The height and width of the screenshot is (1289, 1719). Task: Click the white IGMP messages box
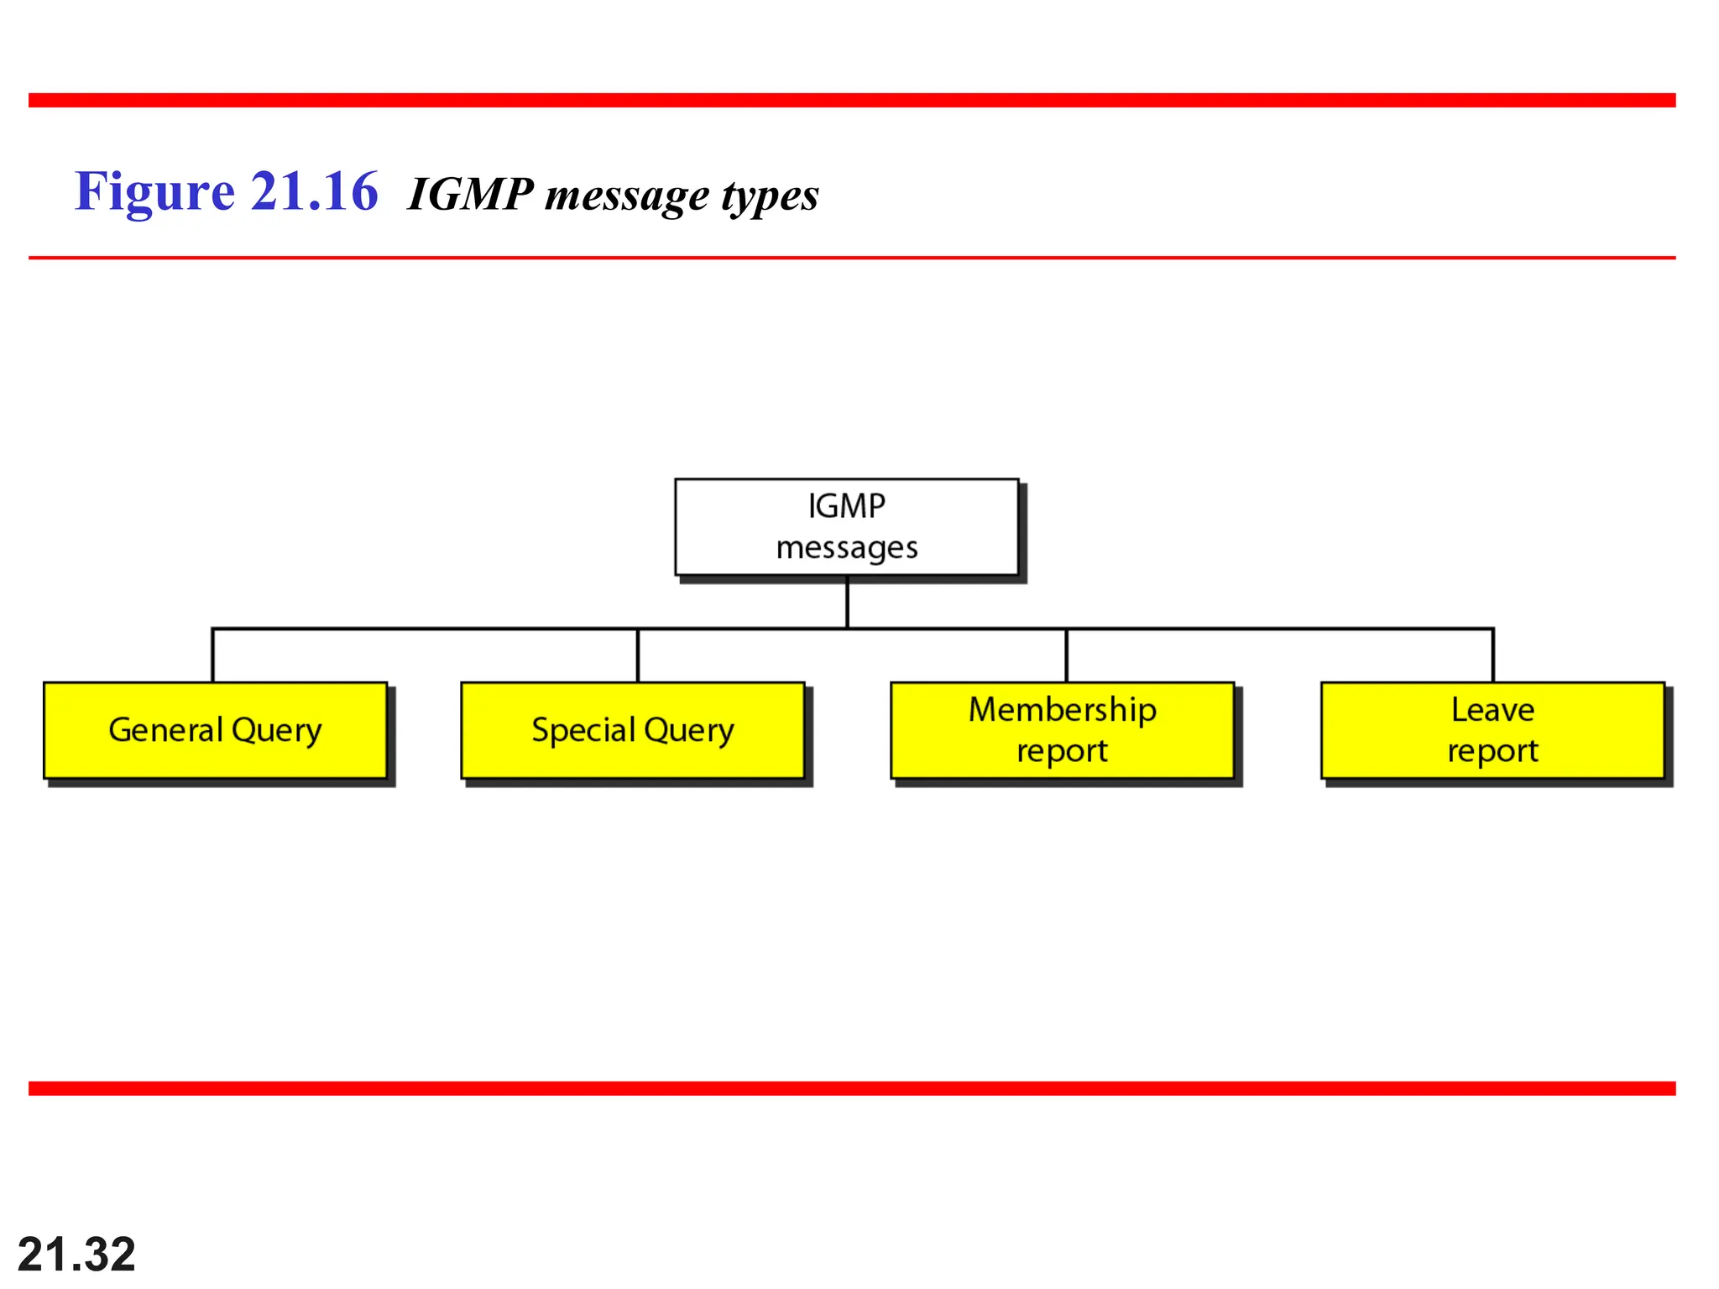pos(846,527)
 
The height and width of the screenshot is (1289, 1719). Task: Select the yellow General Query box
pos(215,730)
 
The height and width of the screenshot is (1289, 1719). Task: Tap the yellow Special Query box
pos(633,730)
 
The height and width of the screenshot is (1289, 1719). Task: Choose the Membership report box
pos(1062,730)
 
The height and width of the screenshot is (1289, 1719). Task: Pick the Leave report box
pos(1492,730)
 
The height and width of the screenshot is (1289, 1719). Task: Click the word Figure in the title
pos(154,192)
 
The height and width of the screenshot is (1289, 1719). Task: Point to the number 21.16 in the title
pos(314,192)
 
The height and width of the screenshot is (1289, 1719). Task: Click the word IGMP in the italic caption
pos(470,195)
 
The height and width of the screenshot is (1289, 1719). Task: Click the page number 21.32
pos(76,1254)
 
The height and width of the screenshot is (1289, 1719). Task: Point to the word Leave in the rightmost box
pos(1492,710)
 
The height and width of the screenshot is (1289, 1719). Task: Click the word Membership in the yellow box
pos(1062,710)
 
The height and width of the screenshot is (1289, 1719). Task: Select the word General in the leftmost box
pos(165,730)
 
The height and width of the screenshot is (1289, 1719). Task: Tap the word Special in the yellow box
pos(583,730)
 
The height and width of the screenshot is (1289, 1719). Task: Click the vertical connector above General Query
pos(213,655)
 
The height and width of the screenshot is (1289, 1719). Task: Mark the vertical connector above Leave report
pos(1492,655)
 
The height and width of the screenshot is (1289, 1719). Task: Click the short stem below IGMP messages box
pos(847,602)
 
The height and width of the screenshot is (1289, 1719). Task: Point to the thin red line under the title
pos(852,258)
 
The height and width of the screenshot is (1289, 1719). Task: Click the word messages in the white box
pos(846,548)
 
